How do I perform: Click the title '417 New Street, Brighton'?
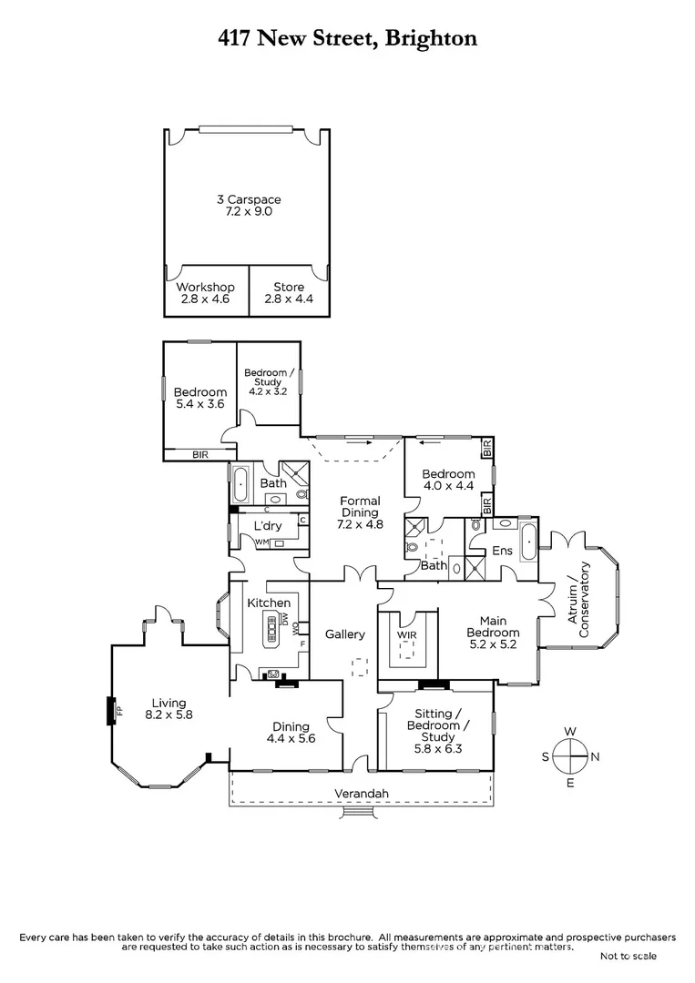(x=347, y=37)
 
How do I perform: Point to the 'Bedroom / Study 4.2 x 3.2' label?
(x=268, y=381)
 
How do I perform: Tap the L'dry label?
(x=266, y=527)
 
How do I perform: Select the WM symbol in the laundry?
(x=261, y=543)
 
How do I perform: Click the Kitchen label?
(x=270, y=603)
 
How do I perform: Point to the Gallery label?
(x=345, y=634)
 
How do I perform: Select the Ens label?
(x=503, y=551)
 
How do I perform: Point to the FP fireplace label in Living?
(x=118, y=710)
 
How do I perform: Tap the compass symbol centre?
(x=570, y=755)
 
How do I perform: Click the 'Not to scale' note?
(x=628, y=956)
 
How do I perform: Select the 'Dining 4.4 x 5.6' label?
(x=291, y=733)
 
